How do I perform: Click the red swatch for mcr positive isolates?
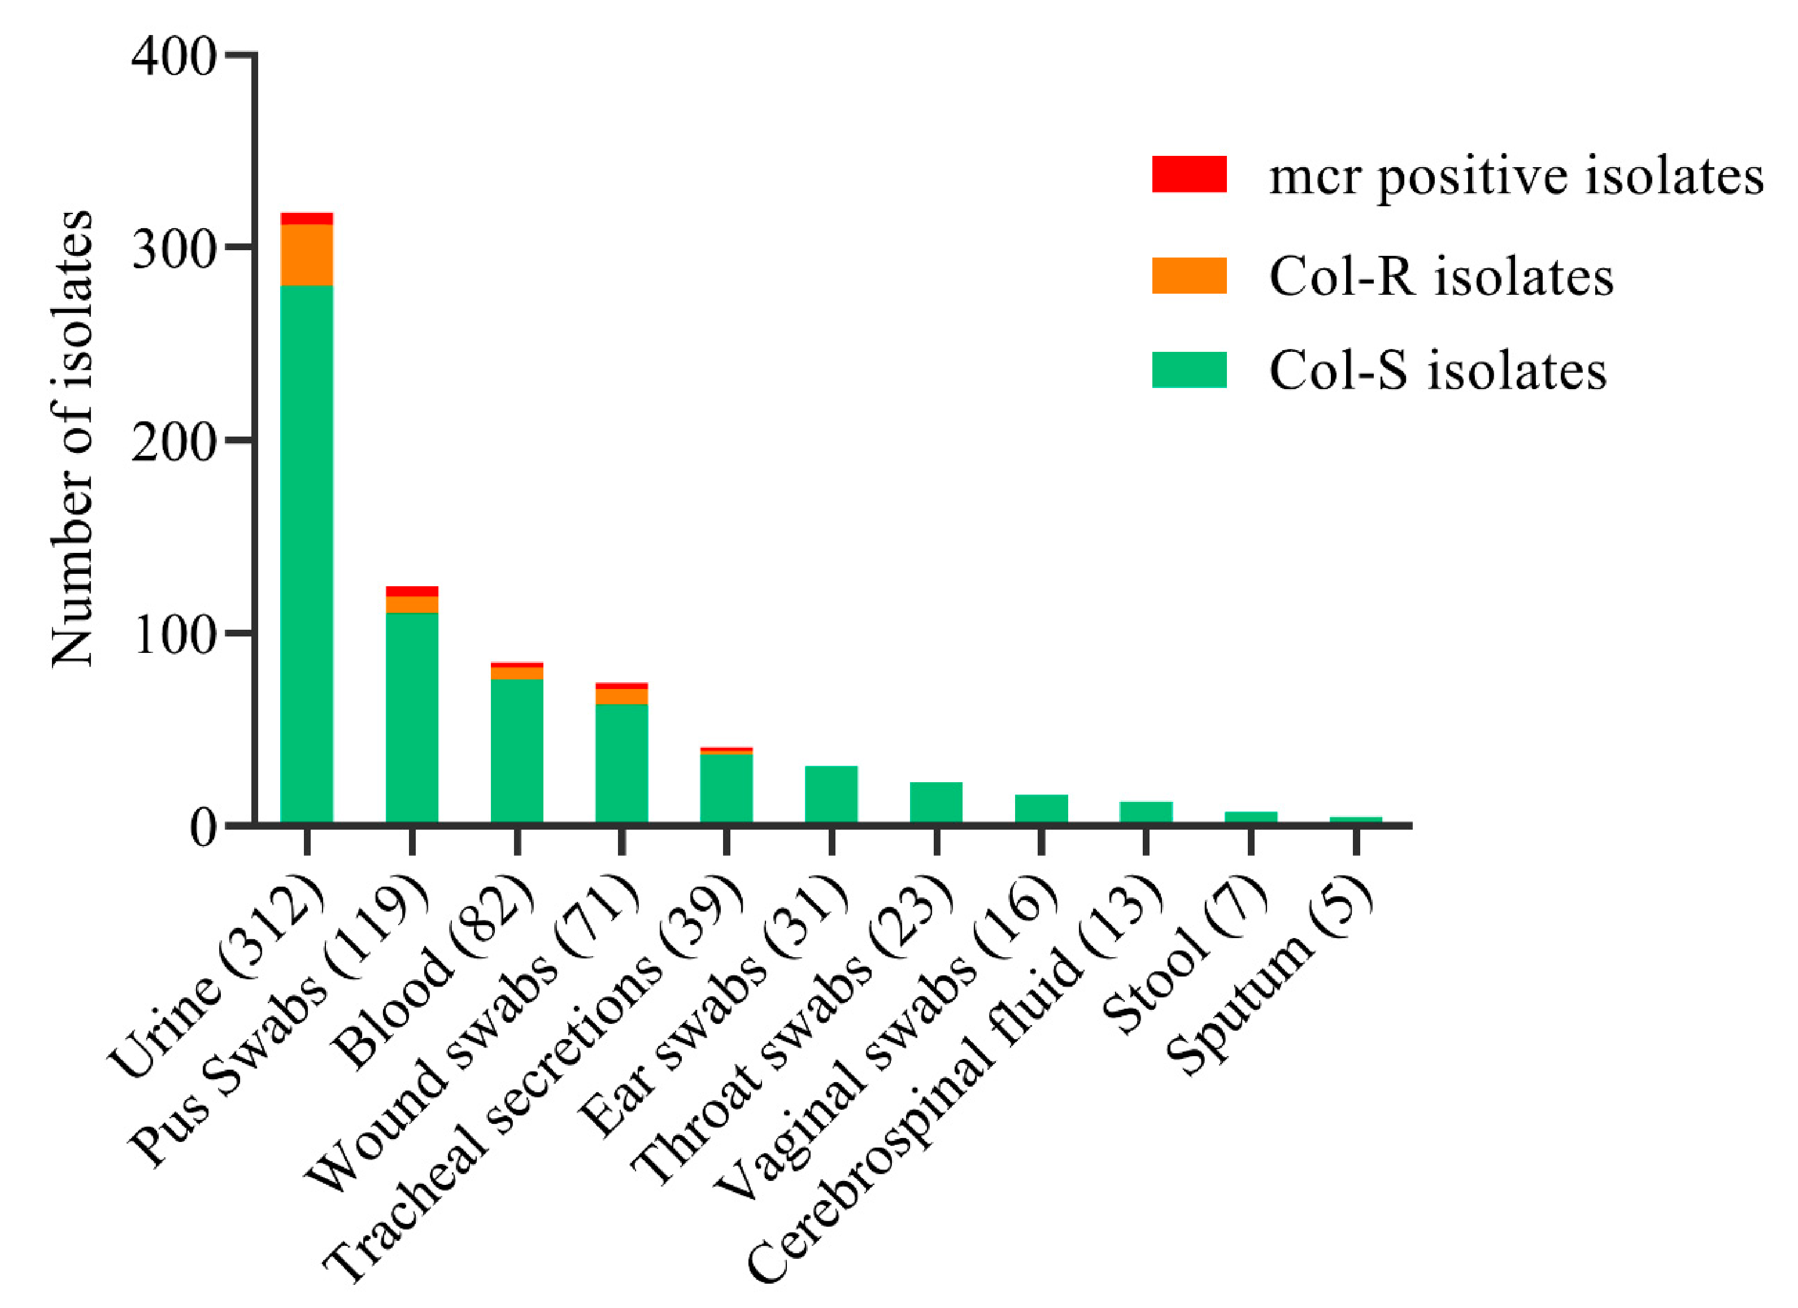pos(1189,175)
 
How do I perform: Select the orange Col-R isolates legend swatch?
pos(1189,276)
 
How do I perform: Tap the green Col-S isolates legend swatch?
pos(1189,370)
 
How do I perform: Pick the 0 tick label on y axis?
pos(202,829)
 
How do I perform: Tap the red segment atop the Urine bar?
pos(307,219)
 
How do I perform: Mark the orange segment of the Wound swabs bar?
pos(621,696)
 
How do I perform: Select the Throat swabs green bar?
pos(935,801)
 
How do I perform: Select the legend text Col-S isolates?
pos(1437,370)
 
